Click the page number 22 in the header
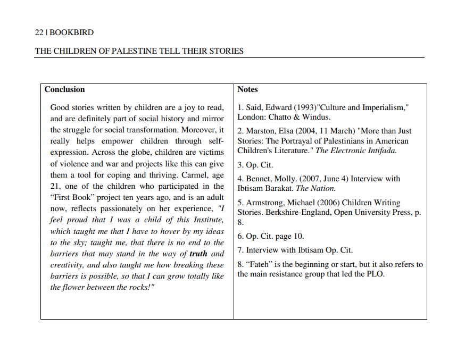pyautogui.click(x=39, y=32)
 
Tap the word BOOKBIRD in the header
pyautogui.click(x=72, y=32)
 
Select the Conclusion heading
pyautogui.click(x=64, y=89)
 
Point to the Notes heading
pyautogui.click(x=247, y=89)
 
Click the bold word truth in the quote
pyautogui.click(x=198, y=254)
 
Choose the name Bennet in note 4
pyautogui.click(x=259, y=179)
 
